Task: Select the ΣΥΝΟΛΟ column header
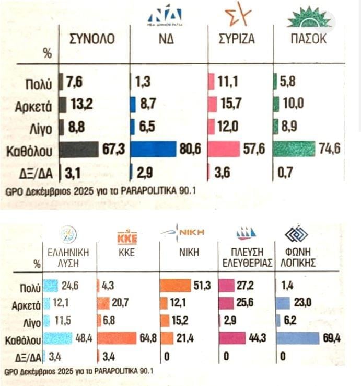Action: (x=92, y=39)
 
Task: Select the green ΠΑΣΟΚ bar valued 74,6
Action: (x=295, y=149)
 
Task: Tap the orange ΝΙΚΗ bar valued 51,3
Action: (x=175, y=286)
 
